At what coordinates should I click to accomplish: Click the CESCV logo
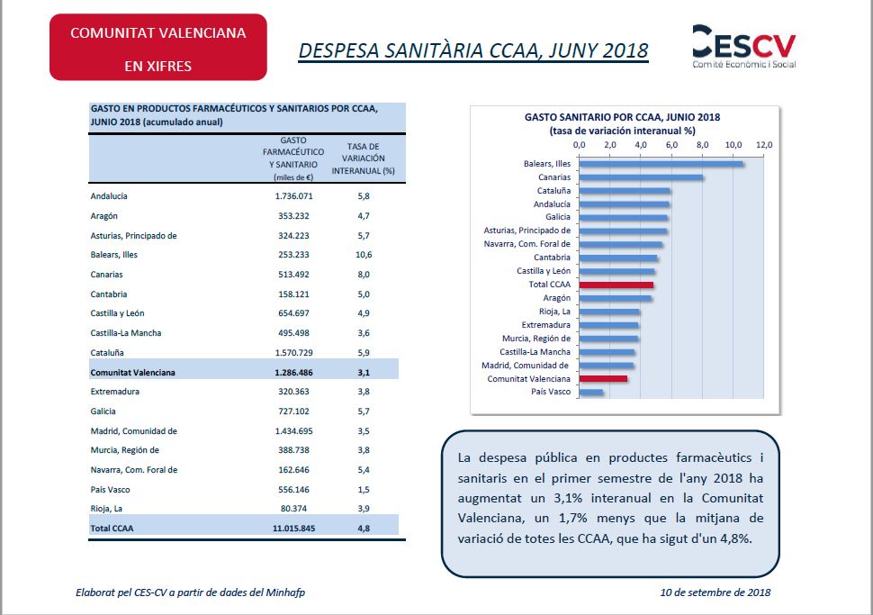pyautogui.click(x=743, y=46)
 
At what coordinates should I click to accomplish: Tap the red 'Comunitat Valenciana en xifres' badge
pyautogui.click(x=158, y=48)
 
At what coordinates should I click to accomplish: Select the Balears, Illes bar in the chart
pyautogui.click(x=661, y=164)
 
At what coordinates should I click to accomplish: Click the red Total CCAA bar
pyautogui.click(x=616, y=285)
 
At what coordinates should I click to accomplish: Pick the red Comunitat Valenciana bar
pyautogui.click(x=603, y=379)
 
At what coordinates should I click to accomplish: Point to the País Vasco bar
pyautogui.click(x=590, y=393)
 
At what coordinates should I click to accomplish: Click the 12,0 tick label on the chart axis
pyautogui.click(x=764, y=145)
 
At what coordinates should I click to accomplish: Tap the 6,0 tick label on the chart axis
pyautogui.click(x=671, y=145)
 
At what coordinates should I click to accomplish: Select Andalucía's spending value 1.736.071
pyautogui.click(x=294, y=196)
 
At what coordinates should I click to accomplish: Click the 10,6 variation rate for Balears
pyautogui.click(x=364, y=255)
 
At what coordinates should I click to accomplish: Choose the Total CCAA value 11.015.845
pyautogui.click(x=294, y=528)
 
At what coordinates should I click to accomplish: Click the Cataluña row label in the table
pyautogui.click(x=107, y=353)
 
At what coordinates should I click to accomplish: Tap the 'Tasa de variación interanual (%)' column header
pyautogui.click(x=363, y=158)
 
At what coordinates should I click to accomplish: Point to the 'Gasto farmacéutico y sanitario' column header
pyautogui.click(x=293, y=158)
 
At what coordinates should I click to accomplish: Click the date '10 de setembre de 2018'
pyautogui.click(x=715, y=592)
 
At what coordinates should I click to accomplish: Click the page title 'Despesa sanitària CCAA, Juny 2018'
pyautogui.click(x=473, y=50)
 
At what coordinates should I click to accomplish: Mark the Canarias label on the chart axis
pyautogui.click(x=554, y=177)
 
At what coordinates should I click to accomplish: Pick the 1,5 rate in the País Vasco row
pyautogui.click(x=364, y=490)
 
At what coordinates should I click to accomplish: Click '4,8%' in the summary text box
pyautogui.click(x=735, y=538)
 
